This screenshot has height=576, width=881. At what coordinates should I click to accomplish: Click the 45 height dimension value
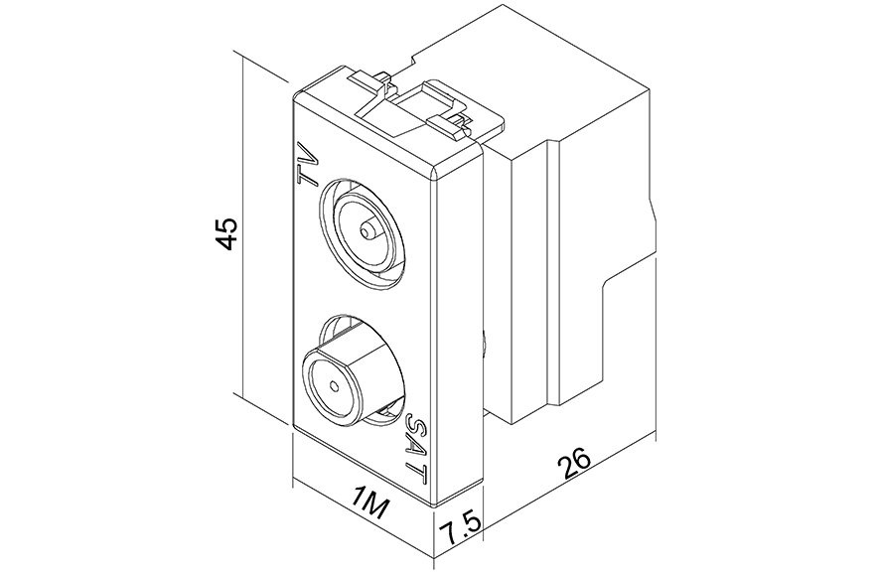point(228,233)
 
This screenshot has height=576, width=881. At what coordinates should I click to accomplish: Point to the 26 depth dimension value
point(574,462)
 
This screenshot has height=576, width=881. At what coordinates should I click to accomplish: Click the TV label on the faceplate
point(309,164)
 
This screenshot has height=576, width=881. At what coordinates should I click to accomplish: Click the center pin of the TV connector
point(369,230)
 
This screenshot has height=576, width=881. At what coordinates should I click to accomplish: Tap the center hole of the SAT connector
point(335,386)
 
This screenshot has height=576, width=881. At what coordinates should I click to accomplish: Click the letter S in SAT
point(417,424)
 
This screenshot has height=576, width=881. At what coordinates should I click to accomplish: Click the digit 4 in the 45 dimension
point(228,242)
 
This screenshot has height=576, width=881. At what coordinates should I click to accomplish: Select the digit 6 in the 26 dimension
point(581,457)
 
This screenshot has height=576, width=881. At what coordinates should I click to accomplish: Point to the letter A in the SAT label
point(416,448)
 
